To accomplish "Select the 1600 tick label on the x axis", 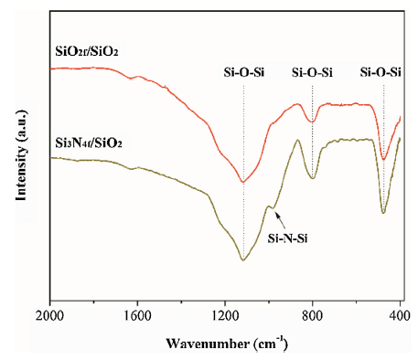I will [x=136, y=316].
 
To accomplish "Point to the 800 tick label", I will [x=312, y=316].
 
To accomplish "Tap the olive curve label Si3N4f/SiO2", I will [x=93, y=143].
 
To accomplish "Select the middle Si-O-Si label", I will [x=313, y=72].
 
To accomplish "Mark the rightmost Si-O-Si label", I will [x=382, y=72].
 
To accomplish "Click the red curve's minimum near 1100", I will [x=243, y=181].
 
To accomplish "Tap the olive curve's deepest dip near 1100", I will [x=243, y=260].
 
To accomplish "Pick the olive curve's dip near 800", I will [x=312, y=177].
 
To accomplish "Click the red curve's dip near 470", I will [x=384, y=160].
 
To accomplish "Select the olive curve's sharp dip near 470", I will [x=384, y=213].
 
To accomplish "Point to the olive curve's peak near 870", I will [x=297, y=140].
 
